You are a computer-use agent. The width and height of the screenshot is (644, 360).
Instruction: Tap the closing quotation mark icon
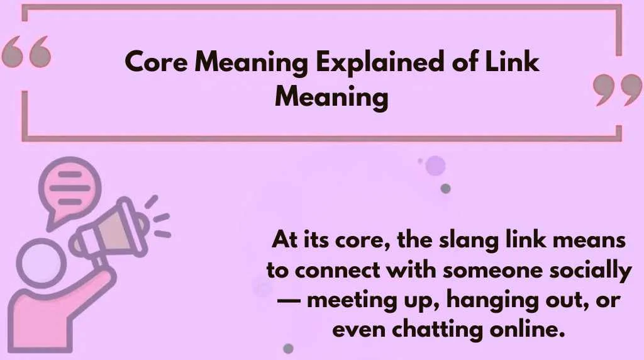point(617,91)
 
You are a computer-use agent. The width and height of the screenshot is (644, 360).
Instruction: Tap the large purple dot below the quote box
point(435,166)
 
